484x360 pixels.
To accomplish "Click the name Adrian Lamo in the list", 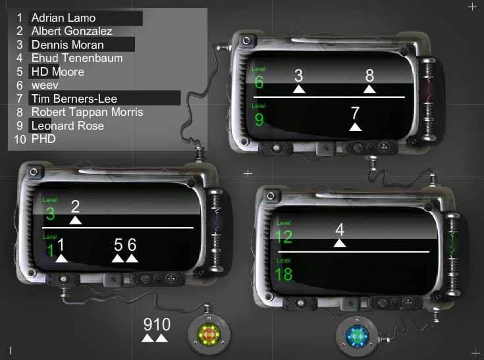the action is click(x=63, y=18).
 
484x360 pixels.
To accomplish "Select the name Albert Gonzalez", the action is click(x=72, y=31).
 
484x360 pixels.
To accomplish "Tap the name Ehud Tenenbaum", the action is click(x=77, y=58).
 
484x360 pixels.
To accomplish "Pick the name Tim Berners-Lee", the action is click(x=74, y=99).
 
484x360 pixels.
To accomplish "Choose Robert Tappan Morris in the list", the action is click(x=87, y=112).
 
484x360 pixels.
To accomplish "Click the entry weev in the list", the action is click(x=45, y=86).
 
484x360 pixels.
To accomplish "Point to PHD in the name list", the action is click(x=43, y=139).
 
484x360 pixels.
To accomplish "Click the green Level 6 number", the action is click(x=259, y=82).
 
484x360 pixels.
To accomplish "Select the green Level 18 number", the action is click(x=283, y=274).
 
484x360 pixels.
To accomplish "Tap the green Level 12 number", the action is click(x=283, y=237).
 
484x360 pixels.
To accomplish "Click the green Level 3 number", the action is click(x=50, y=214).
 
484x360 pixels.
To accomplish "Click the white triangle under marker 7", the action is click(x=356, y=127).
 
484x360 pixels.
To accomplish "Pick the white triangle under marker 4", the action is click(x=340, y=243).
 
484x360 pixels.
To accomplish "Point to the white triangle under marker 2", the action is click(x=76, y=220).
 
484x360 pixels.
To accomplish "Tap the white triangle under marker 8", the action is click(x=369, y=89).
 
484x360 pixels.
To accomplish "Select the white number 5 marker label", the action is click(x=119, y=245).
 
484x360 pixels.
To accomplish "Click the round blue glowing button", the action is click(x=358, y=336).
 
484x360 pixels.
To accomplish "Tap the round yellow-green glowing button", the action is click(x=209, y=334).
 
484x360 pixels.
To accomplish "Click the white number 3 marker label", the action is click(x=298, y=76).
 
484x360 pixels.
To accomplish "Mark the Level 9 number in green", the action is click(x=259, y=120).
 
